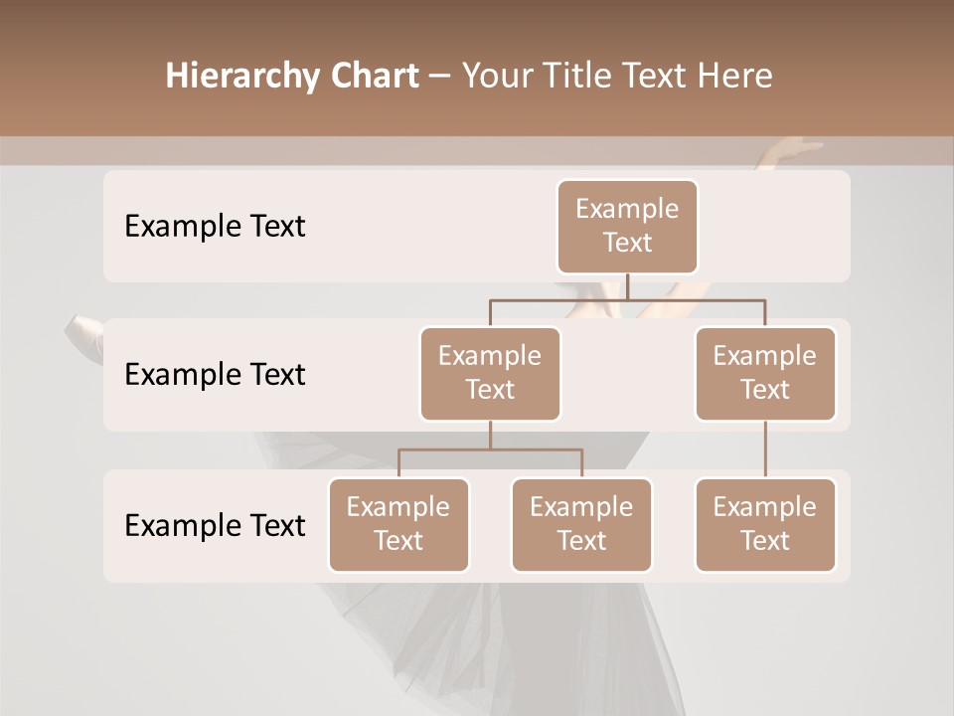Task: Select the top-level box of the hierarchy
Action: (x=627, y=227)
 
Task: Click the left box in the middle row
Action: (x=490, y=373)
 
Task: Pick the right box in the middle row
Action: (x=765, y=373)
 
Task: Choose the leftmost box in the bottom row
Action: (x=398, y=524)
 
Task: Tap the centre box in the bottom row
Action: (x=581, y=524)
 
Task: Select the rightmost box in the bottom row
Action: (x=765, y=524)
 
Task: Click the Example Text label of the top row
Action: (x=215, y=227)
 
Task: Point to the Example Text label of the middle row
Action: (x=215, y=375)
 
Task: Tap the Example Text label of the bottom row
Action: (x=215, y=525)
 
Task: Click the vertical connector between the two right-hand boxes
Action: (x=765, y=449)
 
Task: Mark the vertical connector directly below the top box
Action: (x=627, y=285)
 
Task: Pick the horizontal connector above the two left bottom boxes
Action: (x=490, y=449)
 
